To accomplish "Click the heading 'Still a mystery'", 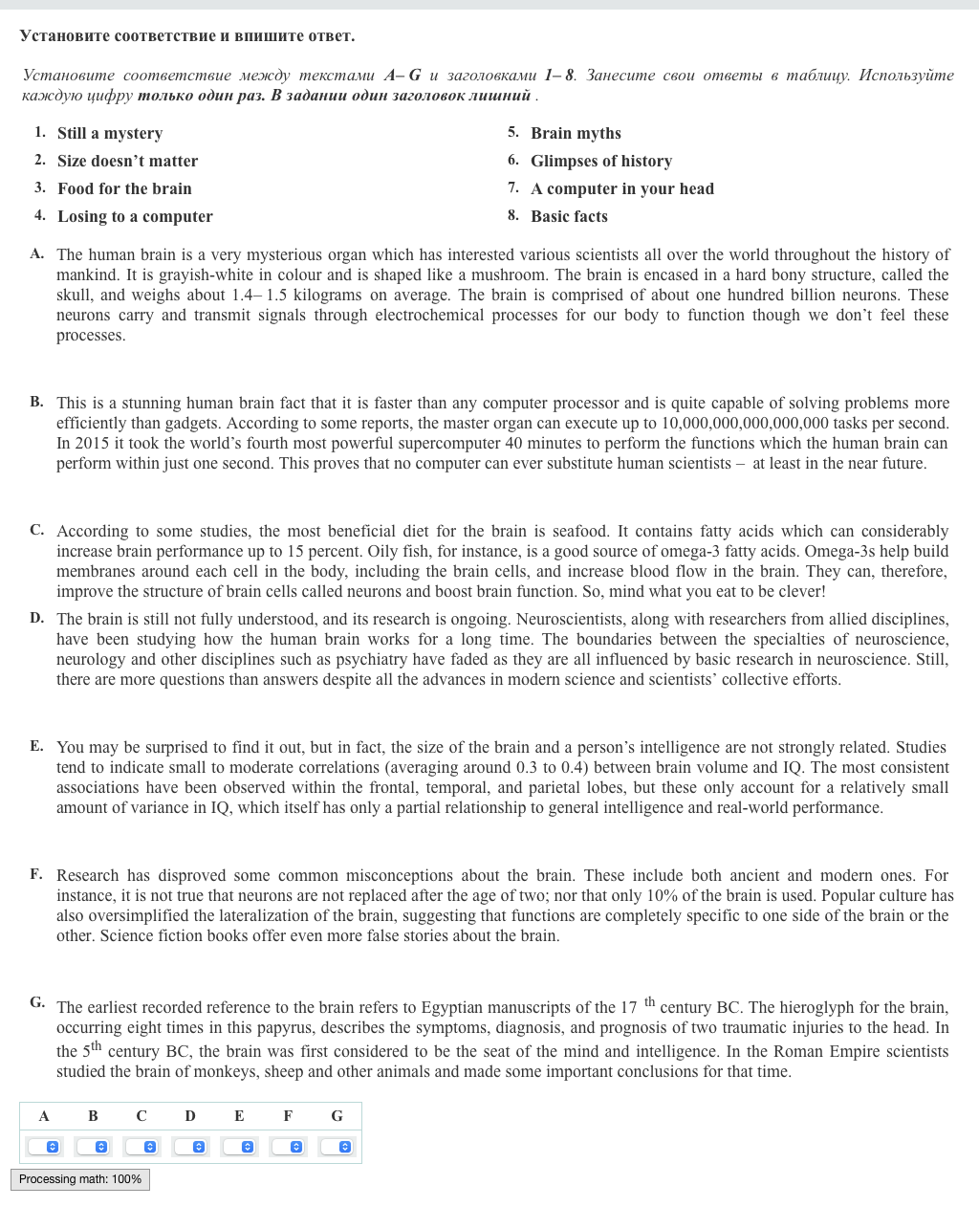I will (x=109, y=133).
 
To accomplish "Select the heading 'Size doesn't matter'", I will (x=127, y=161).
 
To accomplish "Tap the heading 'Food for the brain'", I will (x=124, y=188).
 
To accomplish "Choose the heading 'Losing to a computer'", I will (x=135, y=216).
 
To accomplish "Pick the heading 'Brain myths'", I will (x=576, y=133).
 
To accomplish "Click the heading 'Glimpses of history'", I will (x=600, y=161).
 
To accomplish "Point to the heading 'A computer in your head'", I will (x=621, y=188).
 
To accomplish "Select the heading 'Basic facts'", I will (x=569, y=216).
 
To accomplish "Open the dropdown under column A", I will (x=44, y=1146).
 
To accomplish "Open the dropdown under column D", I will (x=190, y=1146).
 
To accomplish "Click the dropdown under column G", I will (x=337, y=1146).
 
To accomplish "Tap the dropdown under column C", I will (x=141, y=1146).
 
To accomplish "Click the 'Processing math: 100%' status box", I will (x=80, y=1179).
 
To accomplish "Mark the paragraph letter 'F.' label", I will (x=36, y=873).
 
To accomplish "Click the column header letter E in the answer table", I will (x=239, y=1115).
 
